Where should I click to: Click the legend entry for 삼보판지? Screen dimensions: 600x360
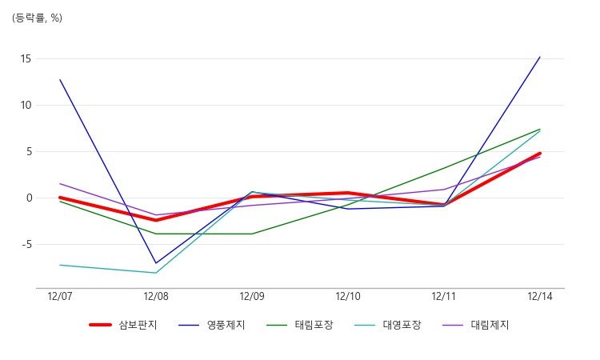[123, 325]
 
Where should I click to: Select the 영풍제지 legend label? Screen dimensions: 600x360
[212, 325]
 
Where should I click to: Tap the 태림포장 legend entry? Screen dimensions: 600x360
[300, 325]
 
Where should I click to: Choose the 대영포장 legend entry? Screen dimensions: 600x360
[388, 325]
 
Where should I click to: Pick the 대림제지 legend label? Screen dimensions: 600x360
[476, 325]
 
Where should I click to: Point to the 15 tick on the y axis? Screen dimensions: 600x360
[26, 59]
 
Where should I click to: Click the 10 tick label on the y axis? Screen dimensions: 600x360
[26, 106]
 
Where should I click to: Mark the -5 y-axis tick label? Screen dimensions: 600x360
[26, 245]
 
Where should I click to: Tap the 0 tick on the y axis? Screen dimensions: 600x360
[29, 198]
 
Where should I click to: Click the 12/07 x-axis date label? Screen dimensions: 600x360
[60, 297]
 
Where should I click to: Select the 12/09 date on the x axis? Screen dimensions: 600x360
[252, 297]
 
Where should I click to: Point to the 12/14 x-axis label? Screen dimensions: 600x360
[540, 297]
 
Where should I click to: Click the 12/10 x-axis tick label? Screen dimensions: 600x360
[348, 297]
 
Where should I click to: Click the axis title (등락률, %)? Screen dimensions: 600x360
[37, 18]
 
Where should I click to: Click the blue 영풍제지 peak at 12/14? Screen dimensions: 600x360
[540, 57]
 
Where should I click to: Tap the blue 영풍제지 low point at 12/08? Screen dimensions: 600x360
[156, 263]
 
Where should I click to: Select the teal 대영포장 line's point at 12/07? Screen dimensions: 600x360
[60, 265]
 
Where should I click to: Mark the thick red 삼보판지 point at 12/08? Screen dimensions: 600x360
[156, 220]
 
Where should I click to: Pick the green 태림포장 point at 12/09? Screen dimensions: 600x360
[252, 234]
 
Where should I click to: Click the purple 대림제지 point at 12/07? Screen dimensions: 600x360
[60, 184]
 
